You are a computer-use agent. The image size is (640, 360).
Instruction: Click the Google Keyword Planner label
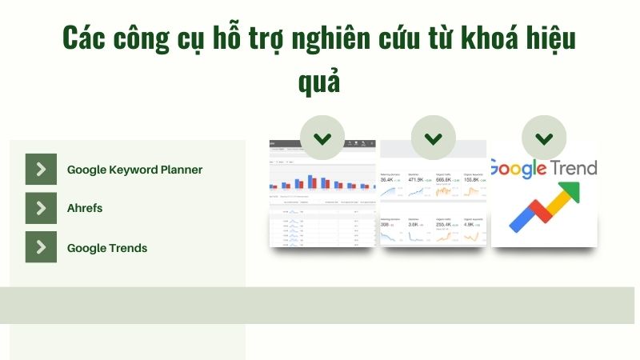point(134,170)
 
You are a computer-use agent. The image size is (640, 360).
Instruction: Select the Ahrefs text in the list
point(85,208)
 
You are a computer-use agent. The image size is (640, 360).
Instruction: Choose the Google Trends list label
point(107,248)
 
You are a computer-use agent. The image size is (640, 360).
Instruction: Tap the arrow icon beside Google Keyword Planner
point(41,169)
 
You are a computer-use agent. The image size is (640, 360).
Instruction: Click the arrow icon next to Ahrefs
point(41,208)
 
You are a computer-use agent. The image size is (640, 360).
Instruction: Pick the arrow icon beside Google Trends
point(41,247)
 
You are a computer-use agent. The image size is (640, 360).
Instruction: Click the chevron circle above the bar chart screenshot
point(322,138)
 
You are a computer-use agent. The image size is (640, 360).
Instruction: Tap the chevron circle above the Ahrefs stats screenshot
point(433,138)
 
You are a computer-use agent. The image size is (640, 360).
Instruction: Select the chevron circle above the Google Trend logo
point(544,138)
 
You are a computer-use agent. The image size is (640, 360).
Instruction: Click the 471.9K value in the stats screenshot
point(415,180)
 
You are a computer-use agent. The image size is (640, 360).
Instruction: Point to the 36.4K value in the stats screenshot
point(386,180)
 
